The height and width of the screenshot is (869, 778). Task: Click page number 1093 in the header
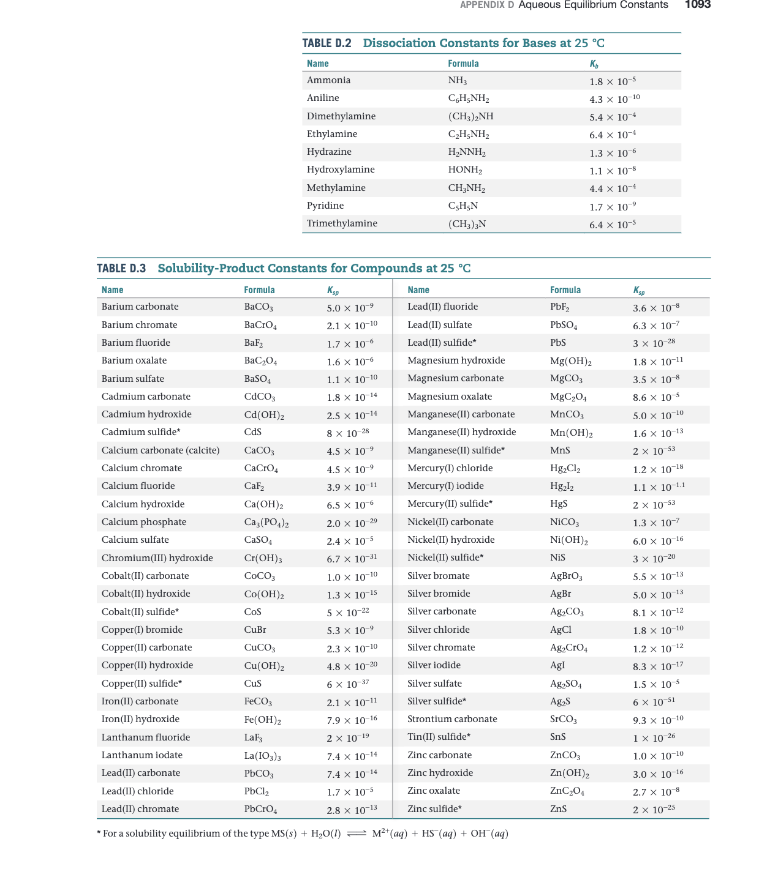coord(697,5)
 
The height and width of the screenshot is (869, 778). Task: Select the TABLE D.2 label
coord(327,43)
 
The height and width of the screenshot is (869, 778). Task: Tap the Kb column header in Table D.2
coord(594,64)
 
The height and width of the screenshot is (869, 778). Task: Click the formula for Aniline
coord(469,99)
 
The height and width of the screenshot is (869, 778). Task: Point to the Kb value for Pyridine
coord(613,207)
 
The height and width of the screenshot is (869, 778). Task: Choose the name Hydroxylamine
coord(341,170)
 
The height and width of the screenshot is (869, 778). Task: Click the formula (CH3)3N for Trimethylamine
coord(467,224)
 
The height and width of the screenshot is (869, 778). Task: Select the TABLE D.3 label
coord(121,269)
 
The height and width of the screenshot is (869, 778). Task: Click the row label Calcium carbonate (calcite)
coord(161,450)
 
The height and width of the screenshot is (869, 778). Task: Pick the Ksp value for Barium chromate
coord(352,325)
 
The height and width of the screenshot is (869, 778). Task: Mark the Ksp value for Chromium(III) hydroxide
coord(352,558)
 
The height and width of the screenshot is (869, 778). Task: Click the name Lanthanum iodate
coord(142,755)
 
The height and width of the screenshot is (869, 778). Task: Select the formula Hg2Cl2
coord(565,469)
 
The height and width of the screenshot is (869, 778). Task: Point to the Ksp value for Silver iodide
coord(658,666)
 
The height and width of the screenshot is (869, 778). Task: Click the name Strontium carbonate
coord(452,719)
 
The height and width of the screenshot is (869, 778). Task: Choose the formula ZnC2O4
coord(567,791)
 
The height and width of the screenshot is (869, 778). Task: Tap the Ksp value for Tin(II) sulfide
coord(654,737)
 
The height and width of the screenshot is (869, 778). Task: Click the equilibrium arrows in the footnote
coord(356,834)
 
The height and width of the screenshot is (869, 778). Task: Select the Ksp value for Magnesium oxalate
coord(656,397)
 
